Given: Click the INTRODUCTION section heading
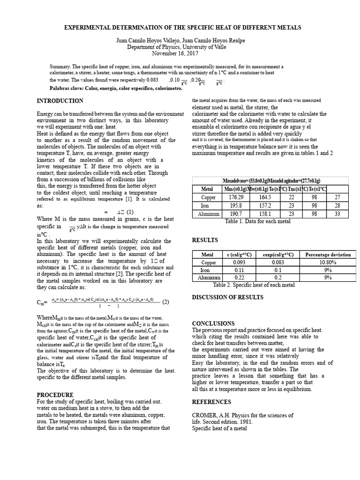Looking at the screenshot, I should pyautogui.click(x=60, y=101).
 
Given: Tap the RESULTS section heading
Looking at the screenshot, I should pyautogui.click(x=205, y=240).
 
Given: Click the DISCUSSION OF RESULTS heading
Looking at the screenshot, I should pyautogui.click(x=228, y=297).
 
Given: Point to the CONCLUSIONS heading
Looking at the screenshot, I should pyautogui.click(x=213, y=323).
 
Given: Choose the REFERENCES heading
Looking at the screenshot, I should pyautogui.click(x=211, y=402).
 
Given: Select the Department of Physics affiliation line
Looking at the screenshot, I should pyautogui.click(x=180, y=47).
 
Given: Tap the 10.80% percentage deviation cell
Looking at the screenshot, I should pyautogui.click(x=328, y=262).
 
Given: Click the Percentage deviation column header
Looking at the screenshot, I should pyautogui.click(x=328, y=255).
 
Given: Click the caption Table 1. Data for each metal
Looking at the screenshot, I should pyautogui.click(x=257, y=221).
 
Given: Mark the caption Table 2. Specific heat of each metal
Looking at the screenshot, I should pyautogui.click(x=254, y=285).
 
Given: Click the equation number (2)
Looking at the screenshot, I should pyautogui.click(x=165, y=301).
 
